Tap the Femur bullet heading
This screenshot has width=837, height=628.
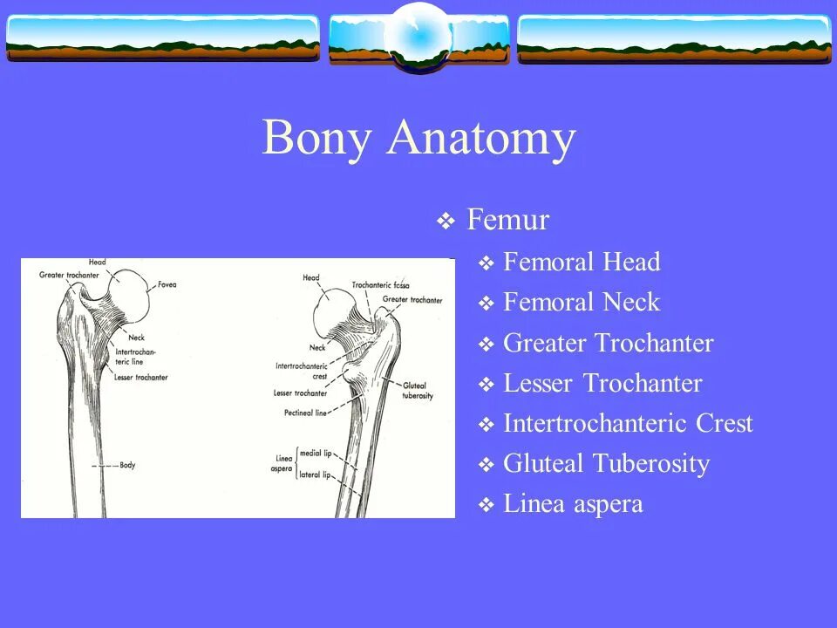(507, 220)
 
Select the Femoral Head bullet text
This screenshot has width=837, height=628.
(582, 262)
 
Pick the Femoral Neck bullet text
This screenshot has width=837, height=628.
(582, 303)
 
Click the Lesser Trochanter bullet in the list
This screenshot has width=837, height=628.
(602, 383)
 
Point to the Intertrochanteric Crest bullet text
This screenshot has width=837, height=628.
(628, 423)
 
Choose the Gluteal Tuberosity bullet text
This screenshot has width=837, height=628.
(606, 463)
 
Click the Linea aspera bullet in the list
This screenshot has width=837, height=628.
(573, 503)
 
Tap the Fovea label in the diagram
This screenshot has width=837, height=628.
(167, 284)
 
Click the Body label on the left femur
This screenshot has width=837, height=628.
(127, 466)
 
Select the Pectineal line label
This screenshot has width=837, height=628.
(304, 413)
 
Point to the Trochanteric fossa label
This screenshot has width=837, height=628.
(381, 285)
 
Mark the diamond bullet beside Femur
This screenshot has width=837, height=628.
(446, 222)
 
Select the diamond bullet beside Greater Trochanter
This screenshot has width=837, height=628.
(487, 345)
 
